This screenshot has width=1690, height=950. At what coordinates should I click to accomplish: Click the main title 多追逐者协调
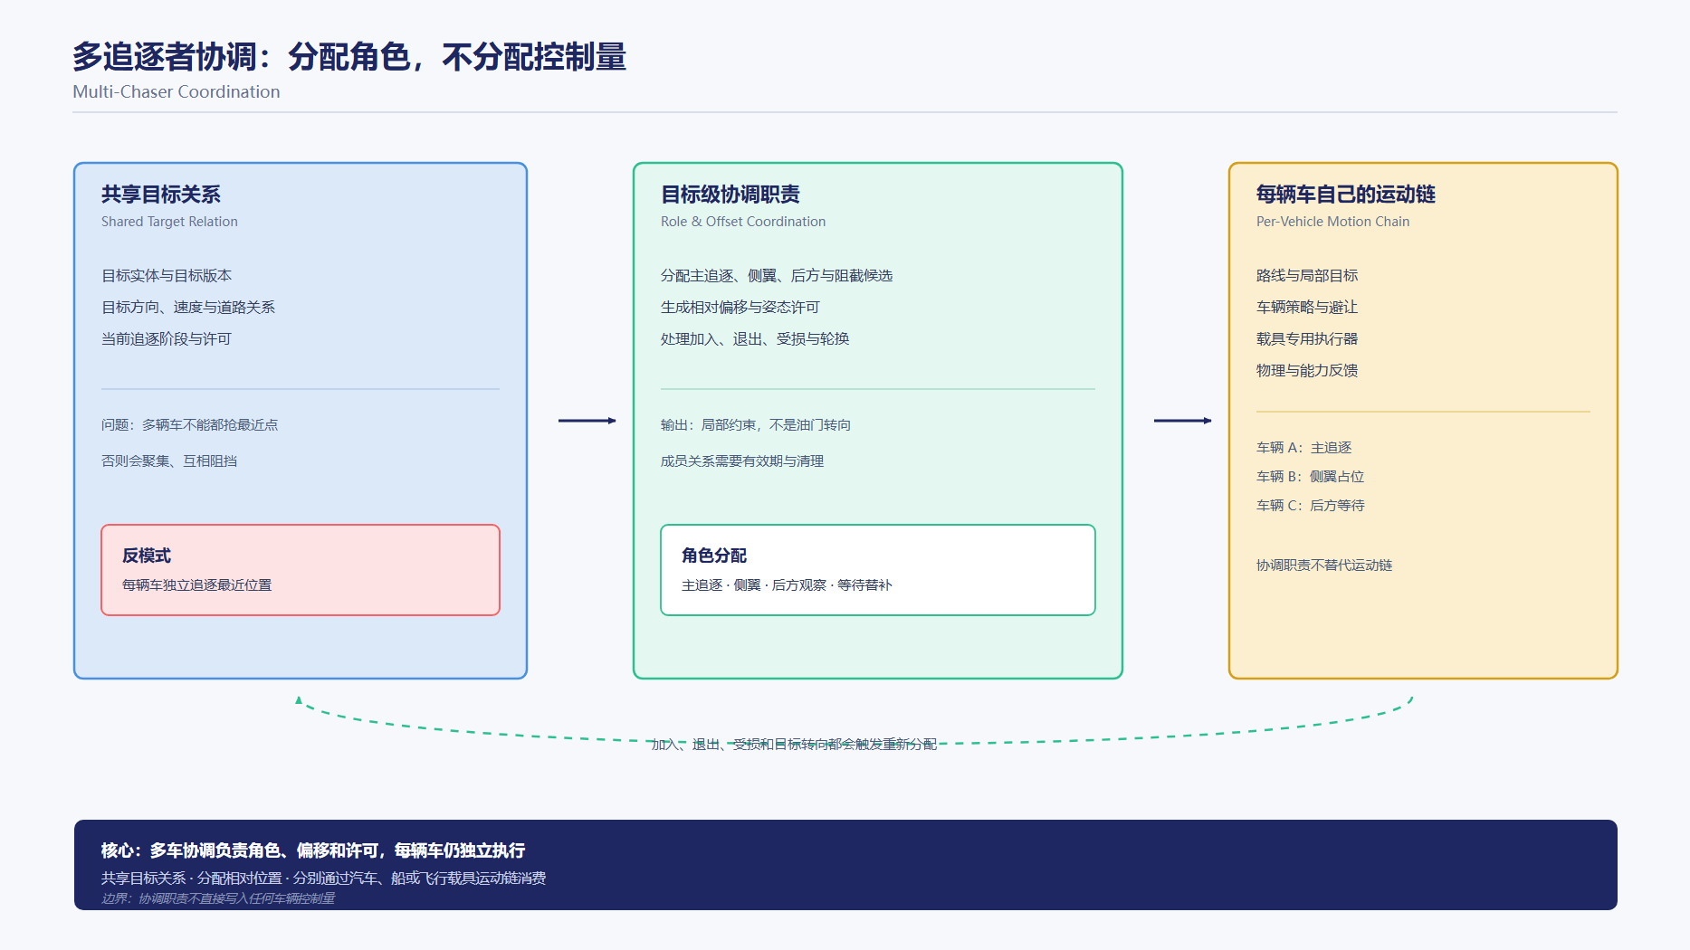click(165, 57)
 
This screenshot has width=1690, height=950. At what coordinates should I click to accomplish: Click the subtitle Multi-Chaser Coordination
click(177, 91)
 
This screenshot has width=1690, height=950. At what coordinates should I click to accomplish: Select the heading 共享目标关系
click(161, 195)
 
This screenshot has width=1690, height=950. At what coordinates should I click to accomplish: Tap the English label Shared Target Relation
click(169, 222)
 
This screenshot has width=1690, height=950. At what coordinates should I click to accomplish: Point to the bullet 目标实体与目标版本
click(167, 275)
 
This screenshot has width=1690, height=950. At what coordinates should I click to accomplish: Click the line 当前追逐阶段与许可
click(167, 338)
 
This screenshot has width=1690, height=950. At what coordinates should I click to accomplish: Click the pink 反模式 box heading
click(147, 556)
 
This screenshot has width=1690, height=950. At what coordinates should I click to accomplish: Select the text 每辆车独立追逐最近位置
click(197, 585)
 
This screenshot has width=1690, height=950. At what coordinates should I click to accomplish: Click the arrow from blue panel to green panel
click(587, 421)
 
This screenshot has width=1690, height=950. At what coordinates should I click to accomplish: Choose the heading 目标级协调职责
click(730, 195)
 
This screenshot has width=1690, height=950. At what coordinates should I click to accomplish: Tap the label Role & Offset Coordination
click(743, 222)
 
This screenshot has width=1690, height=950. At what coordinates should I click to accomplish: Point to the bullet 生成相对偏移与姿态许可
click(740, 307)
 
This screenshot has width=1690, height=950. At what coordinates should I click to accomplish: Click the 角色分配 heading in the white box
click(714, 556)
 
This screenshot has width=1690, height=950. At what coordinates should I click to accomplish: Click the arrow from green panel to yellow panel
click(1182, 421)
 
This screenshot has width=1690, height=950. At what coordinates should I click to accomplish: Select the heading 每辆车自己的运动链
click(1346, 195)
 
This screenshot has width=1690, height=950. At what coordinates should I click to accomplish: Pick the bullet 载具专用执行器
click(1307, 338)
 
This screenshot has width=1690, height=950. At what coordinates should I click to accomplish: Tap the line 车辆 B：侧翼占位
click(1311, 477)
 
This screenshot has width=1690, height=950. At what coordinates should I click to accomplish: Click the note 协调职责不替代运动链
click(1324, 565)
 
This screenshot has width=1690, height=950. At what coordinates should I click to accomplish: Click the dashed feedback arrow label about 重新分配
click(794, 745)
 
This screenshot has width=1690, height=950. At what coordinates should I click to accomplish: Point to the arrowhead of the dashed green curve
click(299, 699)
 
